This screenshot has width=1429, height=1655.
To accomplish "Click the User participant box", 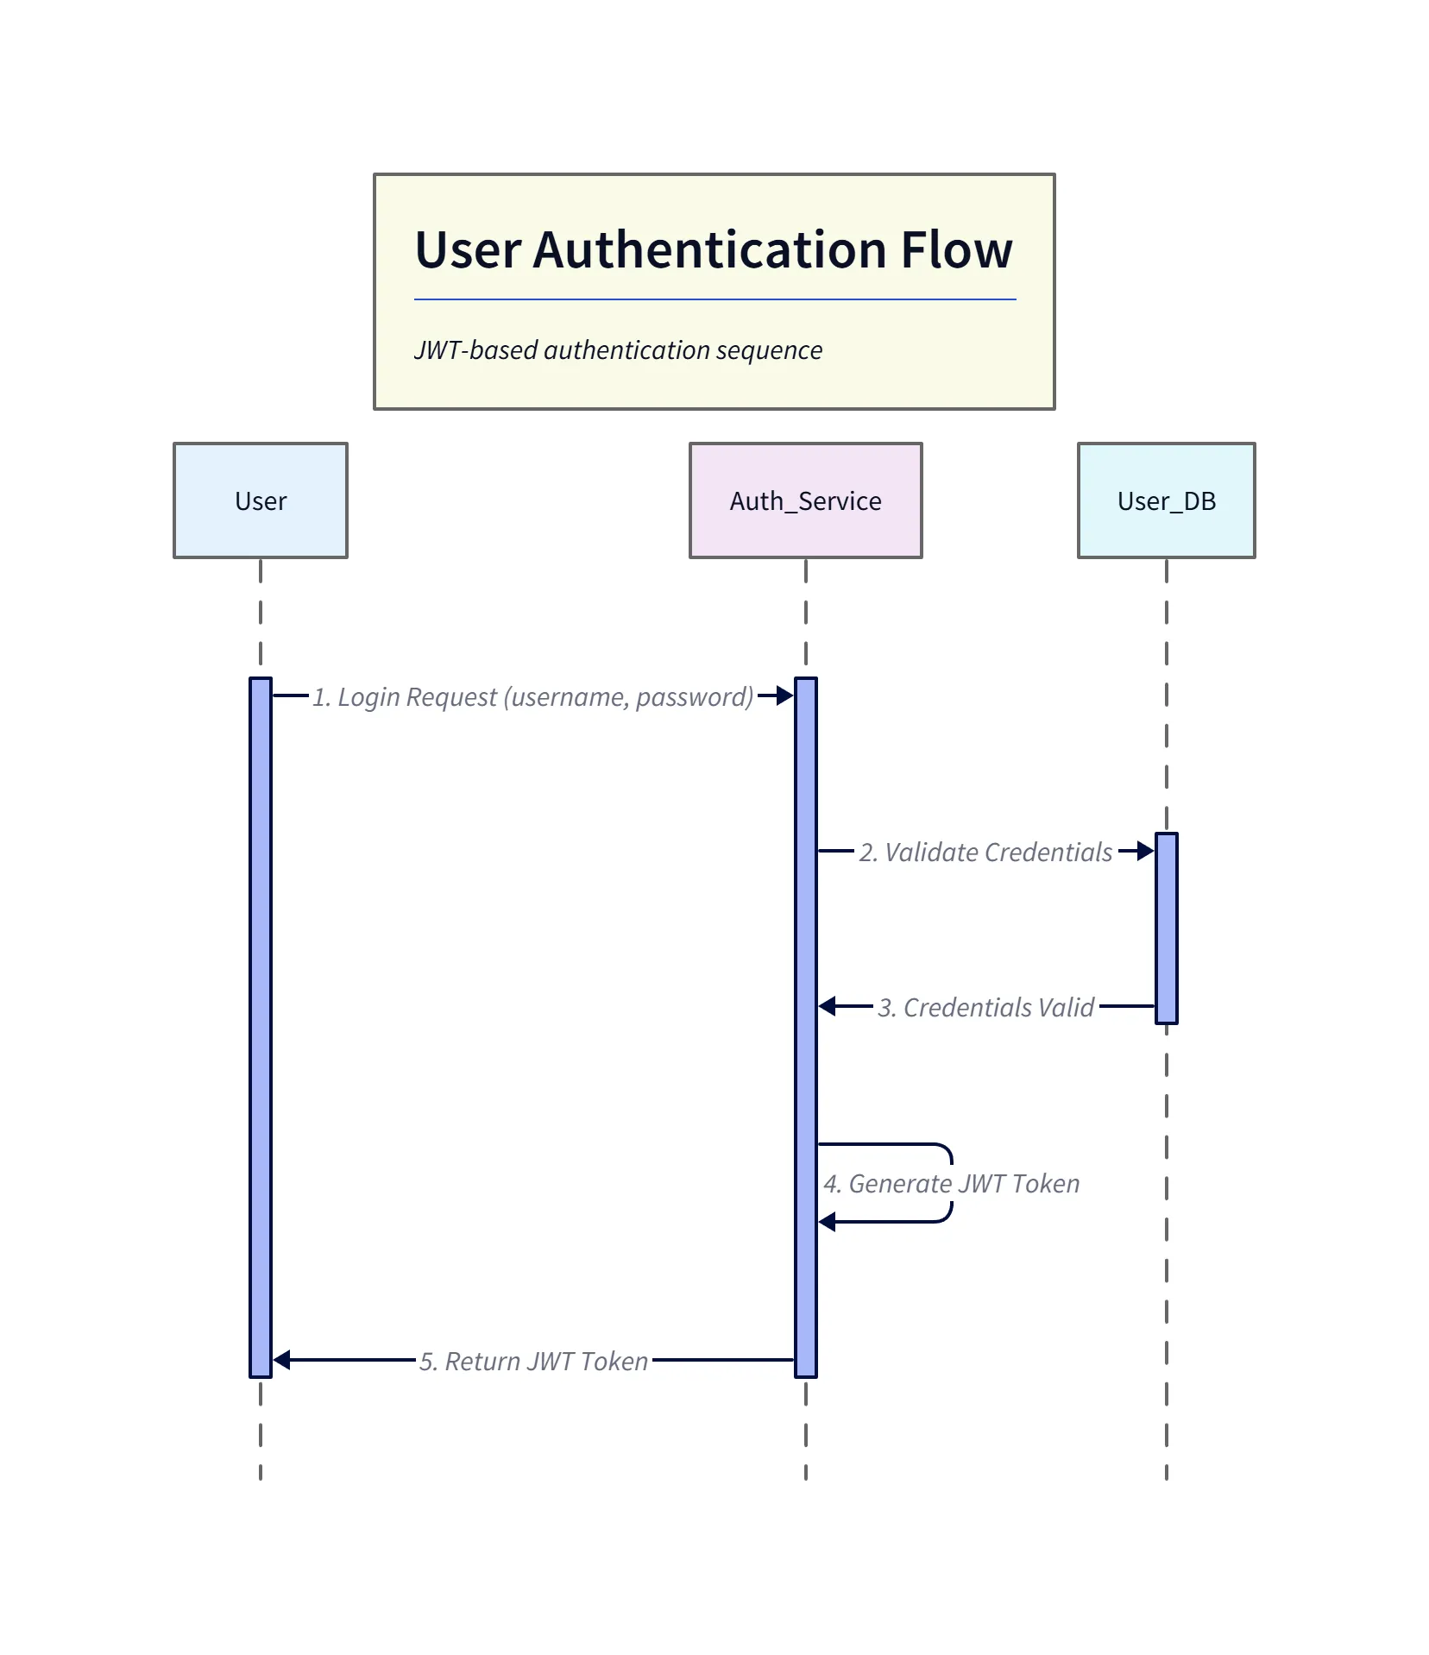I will click(260, 500).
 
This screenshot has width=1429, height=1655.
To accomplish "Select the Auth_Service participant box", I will click(805, 500).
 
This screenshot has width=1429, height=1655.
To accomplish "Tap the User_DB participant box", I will click(1166, 500).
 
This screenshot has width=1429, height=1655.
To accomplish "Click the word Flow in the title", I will click(956, 250).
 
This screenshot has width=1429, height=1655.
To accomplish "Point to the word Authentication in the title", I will click(710, 250).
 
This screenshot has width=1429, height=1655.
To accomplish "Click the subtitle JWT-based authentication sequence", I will click(618, 350).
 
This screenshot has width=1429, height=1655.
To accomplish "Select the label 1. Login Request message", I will click(532, 696).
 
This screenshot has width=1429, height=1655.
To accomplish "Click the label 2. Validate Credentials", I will click(985, 852).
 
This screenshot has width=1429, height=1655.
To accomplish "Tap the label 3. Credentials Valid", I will click(985, 1007).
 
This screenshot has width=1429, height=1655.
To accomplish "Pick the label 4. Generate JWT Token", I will click(951, 1183).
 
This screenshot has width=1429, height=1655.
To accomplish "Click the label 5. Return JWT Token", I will click(533, 1361).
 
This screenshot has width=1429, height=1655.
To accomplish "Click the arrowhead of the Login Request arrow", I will click(785, 695).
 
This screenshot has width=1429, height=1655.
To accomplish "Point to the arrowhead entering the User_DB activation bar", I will click(1146, 851).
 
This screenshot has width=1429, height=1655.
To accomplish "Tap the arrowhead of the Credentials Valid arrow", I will click(827, 1006).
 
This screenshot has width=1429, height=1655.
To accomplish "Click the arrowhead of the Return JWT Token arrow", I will click(281, 1360).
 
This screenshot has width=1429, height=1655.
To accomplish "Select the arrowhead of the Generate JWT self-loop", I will click(827, 1222).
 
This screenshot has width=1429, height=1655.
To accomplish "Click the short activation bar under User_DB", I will click(1166, 928).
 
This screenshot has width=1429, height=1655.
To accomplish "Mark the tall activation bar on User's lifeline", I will click(260, 1027).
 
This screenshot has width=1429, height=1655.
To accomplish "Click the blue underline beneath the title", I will click(714, 299).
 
